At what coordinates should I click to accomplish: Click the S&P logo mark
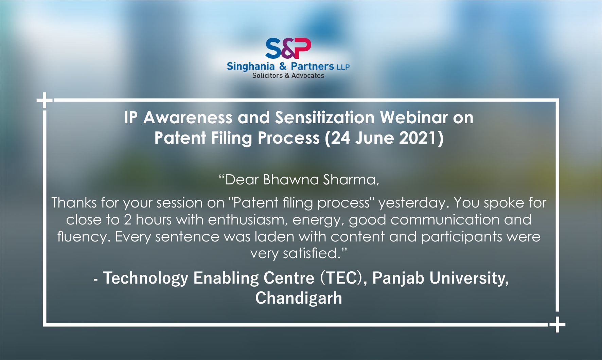[288, 48]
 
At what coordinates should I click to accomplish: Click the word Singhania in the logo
[250, 67]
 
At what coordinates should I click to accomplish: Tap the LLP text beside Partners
[343, 67]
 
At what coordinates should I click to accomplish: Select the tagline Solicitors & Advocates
[288, 76]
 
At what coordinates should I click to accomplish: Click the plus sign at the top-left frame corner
[45, 100]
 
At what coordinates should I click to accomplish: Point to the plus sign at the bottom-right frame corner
[557, 324]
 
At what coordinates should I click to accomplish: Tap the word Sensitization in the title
[324, 118]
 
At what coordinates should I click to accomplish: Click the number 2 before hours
[128, 220]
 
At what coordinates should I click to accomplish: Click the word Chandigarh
[299, 298]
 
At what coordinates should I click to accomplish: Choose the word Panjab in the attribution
[398, 278]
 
